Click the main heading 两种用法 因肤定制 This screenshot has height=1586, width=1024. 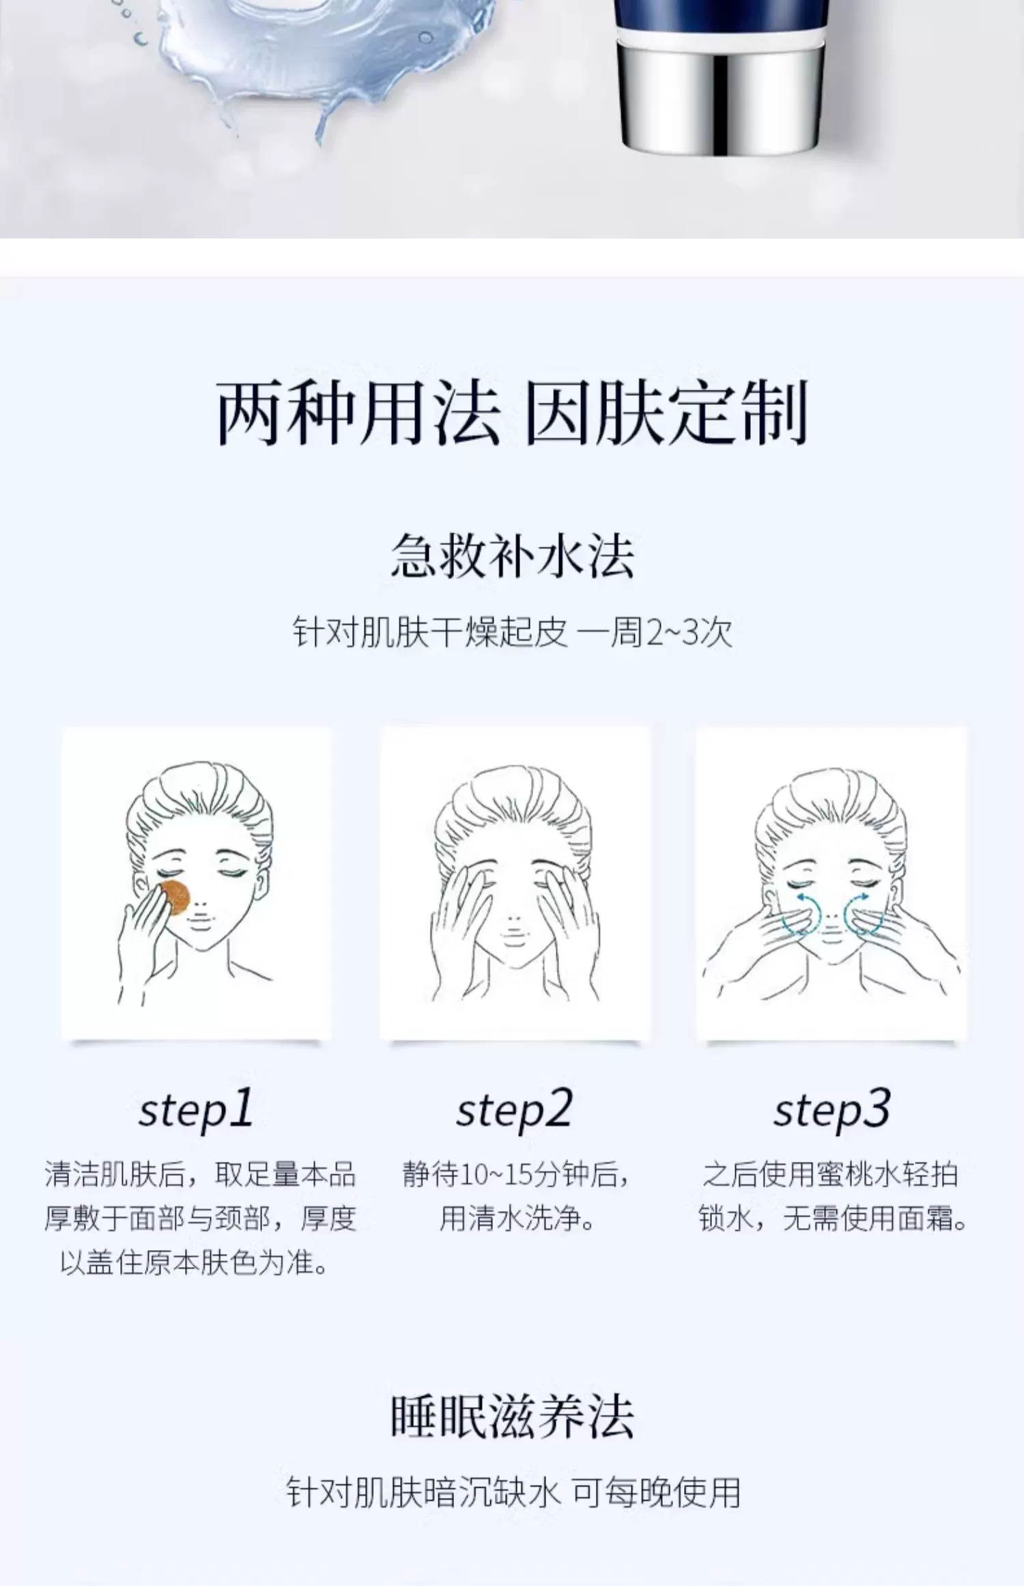[x=512, y=413]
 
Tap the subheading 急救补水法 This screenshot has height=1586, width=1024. [x=512, y=555]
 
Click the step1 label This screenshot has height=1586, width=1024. [x=196, y=1109]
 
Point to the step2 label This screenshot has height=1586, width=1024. [x=513, y=1109]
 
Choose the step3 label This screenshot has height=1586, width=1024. [x=831, y=1109]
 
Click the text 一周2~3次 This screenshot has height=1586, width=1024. [x=655, y=632]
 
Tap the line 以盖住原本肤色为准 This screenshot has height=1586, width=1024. [x=195, y=1262]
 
